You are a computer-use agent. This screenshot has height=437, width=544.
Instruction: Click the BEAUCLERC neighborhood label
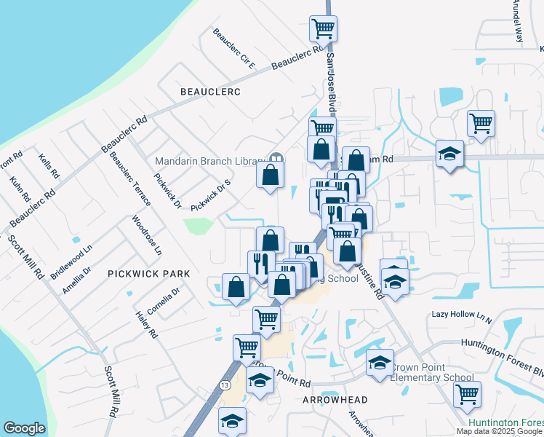(x=210, y=91)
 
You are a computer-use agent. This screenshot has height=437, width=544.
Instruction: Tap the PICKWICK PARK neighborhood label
(x=148, y=274)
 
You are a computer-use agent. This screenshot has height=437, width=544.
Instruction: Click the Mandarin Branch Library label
(x=209, y=161)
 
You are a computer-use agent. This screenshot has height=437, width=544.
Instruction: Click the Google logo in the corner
(x=24, y=428)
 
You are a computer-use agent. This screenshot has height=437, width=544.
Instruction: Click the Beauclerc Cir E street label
(x=233, y=48)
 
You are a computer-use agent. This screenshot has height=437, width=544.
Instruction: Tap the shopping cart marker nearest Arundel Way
(x=481, y=123)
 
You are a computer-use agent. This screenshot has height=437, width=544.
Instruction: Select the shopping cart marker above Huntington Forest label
(x=467, y=395)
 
